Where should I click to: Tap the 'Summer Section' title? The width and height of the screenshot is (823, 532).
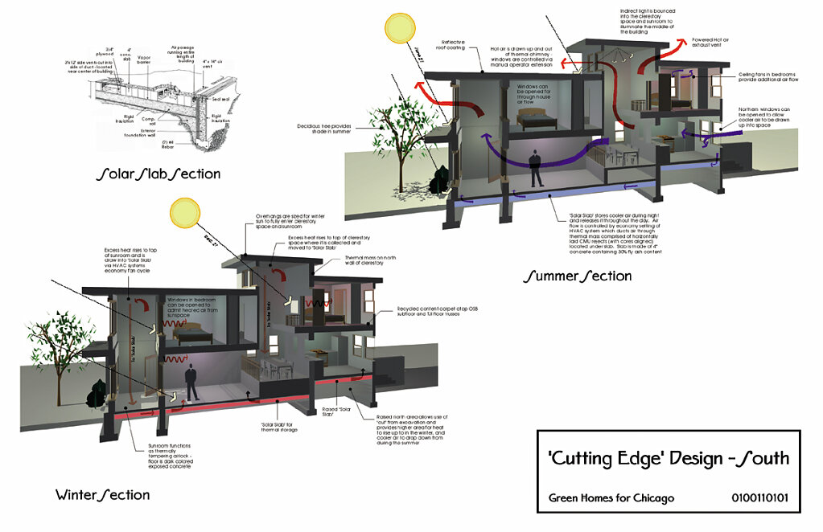click(577, 276)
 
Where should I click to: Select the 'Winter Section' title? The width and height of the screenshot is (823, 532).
click(102, 494)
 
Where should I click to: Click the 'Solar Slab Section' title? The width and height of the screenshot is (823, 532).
click(158, 174)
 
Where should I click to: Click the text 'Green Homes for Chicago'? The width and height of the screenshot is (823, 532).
click(611, 498)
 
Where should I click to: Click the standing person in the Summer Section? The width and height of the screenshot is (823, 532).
click(534, 166)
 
